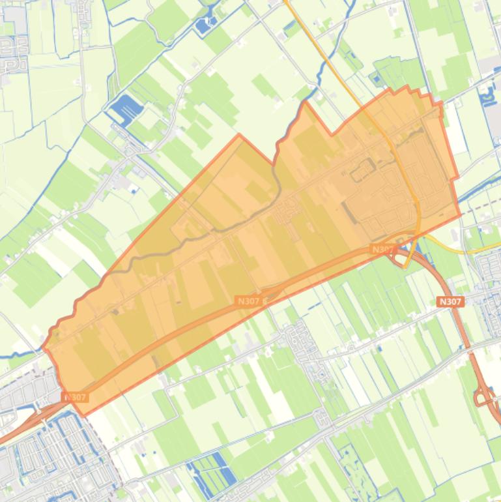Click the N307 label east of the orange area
coord(450,302)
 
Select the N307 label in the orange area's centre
coord(248,301)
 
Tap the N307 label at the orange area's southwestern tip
coord(75,396)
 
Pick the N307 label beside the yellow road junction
coord(383,249)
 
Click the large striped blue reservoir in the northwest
coord(125,108)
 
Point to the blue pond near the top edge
coord(206,25)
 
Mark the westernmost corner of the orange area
coord(44,347)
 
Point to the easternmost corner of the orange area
coord(460,215)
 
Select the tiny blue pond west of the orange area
coord(135,190)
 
